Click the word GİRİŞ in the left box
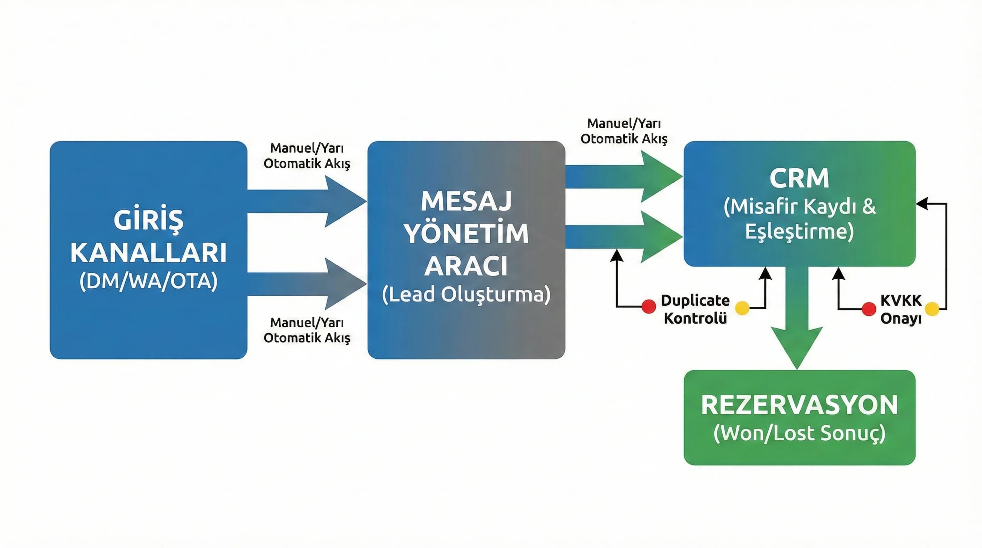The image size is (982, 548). coord(148,220)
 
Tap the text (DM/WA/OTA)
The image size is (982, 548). coord(148,281)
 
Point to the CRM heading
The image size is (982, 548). coord(799,178)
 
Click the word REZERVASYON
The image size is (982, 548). coord(799,405)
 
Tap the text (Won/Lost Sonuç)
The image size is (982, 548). coord(799,433)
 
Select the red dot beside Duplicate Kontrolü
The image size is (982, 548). coord(648,306)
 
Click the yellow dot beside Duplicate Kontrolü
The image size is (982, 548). coord(742,308)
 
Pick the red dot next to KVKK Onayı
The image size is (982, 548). coord(869,309)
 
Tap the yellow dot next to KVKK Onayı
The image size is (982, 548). coord(932,309)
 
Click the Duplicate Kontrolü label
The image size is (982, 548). coord(695,309)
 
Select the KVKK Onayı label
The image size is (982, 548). coord(900,309)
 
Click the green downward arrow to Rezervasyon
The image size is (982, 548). coord(797,328)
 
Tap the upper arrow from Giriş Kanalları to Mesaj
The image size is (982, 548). coord(305,201)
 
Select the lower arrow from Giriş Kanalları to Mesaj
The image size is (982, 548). coord(305,284)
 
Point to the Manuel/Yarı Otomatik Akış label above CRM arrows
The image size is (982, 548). coord(624,131)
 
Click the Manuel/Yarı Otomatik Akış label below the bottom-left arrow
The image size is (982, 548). coord(307,330)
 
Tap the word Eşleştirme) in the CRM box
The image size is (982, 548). coord(799,231)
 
